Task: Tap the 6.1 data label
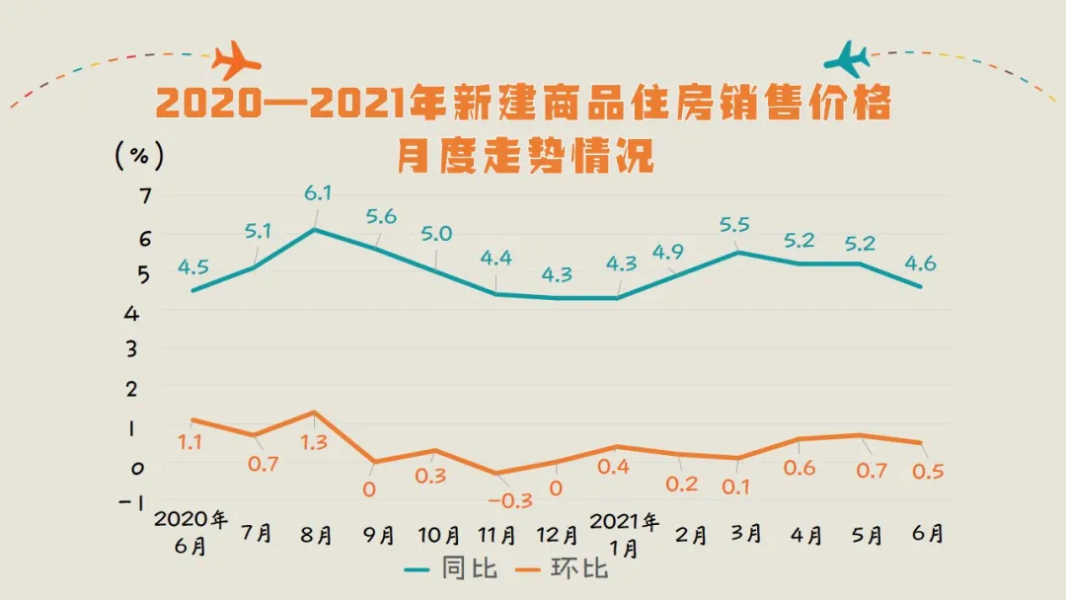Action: coord(317,193)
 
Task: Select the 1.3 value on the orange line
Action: coord(313,443)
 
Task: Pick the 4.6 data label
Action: coord(921,263)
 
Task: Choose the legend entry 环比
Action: coord(584,569)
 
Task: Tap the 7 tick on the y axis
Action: coord(145,196)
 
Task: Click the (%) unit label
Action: coord(139,156)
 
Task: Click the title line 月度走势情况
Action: coord(526,157)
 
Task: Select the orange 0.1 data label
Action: coord(736,486)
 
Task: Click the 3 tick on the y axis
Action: coord(145,349)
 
